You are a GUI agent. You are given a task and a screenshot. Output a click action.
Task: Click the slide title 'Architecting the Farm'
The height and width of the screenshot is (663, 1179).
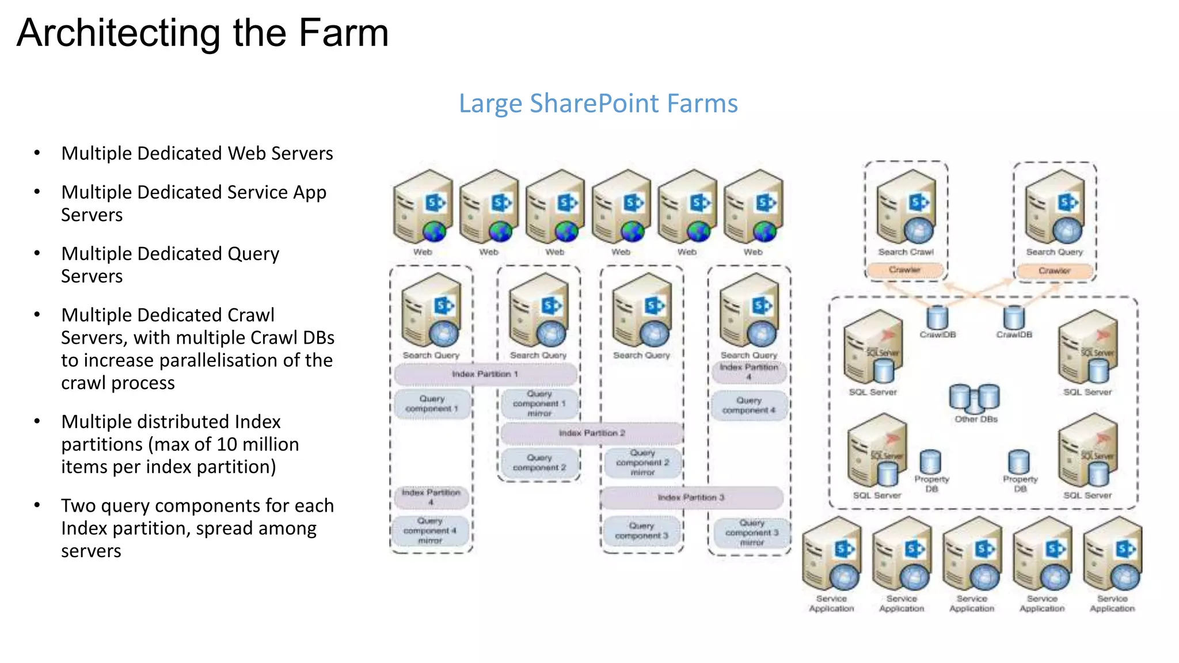point(203,33)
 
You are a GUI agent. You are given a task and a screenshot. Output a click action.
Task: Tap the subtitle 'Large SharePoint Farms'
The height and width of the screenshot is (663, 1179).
point(598,104)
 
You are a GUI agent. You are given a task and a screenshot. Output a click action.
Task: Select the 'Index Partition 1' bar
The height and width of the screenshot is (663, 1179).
point(485,374)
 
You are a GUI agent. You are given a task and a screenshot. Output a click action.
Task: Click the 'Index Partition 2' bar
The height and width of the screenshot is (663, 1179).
point(592,433)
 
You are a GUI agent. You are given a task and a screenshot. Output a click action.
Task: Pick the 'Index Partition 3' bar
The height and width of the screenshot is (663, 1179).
point(691,497)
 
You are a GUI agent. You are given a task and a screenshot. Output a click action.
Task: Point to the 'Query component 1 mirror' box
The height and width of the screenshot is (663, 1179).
point(539,403)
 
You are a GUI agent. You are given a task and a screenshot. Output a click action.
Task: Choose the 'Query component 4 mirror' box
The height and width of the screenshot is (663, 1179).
point(430,531)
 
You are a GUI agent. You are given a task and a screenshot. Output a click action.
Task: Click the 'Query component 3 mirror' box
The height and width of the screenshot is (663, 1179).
point(751,533)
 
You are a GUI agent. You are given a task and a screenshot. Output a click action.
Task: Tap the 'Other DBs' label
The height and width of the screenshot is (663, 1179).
point(976,420)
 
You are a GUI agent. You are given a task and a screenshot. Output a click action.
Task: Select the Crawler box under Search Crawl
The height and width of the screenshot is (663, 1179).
point(904,270)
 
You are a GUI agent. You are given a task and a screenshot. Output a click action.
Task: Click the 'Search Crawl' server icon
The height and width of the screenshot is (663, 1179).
point(906,207)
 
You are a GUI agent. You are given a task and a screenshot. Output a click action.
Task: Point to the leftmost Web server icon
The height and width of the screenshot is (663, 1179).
point(423,207)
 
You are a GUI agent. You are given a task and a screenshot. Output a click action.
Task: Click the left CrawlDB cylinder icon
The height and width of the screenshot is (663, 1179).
point(937,317)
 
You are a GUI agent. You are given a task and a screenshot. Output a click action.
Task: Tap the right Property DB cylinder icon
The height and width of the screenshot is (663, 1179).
point(1018,462)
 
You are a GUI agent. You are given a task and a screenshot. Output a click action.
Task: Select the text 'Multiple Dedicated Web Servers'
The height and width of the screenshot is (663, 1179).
point(197,154)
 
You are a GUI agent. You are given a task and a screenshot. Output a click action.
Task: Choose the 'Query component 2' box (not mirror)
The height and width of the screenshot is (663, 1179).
point(539,463)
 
